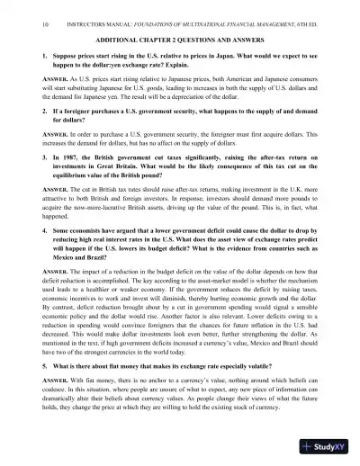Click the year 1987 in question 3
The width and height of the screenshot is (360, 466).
point(76,181)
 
